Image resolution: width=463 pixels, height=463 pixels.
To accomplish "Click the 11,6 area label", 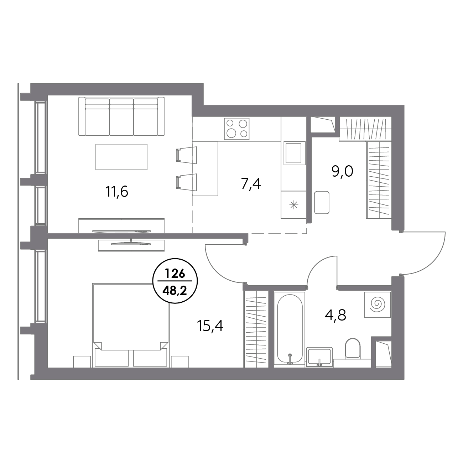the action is pos(117,192).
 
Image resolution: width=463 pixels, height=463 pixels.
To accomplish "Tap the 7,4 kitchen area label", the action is pos(251,184).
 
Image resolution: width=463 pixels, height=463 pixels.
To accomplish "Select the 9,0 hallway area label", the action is pos(342,172).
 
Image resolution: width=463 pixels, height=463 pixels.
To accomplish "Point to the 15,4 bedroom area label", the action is pos(210,326).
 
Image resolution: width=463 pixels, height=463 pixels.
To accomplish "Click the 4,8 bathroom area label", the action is pos(335,315).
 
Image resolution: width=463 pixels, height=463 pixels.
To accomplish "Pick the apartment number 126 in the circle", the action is pos(175,274).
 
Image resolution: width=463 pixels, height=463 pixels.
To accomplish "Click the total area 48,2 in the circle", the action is pos(175,291).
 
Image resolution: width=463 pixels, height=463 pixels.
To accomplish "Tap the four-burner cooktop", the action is pos(237,129).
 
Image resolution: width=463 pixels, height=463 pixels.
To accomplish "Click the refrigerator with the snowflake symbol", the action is pos(293,205).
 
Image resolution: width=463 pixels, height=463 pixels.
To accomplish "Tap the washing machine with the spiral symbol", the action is pos(377,305).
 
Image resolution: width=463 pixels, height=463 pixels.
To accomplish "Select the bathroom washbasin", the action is pos(319,357).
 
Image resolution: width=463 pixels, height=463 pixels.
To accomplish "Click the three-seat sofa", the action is pos(121,116).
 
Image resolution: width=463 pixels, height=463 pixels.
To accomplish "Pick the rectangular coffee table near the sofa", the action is pos(121,157).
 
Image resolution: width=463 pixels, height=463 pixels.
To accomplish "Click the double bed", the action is pos(131,325).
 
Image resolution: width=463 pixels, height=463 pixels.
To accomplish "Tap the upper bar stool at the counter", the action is pos(187,155).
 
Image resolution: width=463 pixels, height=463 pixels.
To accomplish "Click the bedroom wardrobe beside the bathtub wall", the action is pos(256,329).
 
